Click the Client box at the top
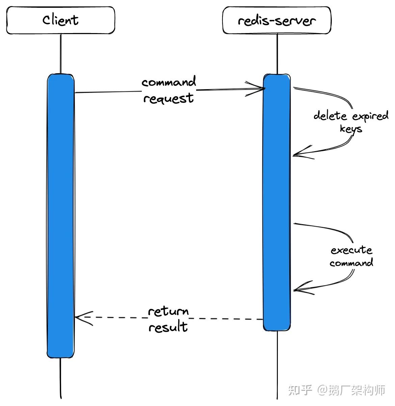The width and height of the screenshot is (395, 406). (x=61, y=20)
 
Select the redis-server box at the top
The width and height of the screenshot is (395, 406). (x=276, y=20)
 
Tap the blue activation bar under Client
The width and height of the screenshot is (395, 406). (x=60, y=216)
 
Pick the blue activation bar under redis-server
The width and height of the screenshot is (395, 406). (x=277, y=202)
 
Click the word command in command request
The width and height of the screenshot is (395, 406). (x=168, y=82)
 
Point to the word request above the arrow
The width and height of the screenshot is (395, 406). (x=168, y=98)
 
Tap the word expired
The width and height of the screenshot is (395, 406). (x=370, y=116)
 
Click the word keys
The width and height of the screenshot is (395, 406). (x=351, y=129)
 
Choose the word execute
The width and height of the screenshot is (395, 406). (x=351, y=250)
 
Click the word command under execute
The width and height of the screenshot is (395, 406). (x=351, y=263)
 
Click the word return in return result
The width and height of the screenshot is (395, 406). (x=168, y=311)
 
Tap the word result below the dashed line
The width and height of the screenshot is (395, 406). (x=168, y=327)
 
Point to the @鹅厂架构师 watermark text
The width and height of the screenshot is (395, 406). (x=351, y=390)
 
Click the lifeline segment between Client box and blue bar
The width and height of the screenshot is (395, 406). (x=61, y=54)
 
